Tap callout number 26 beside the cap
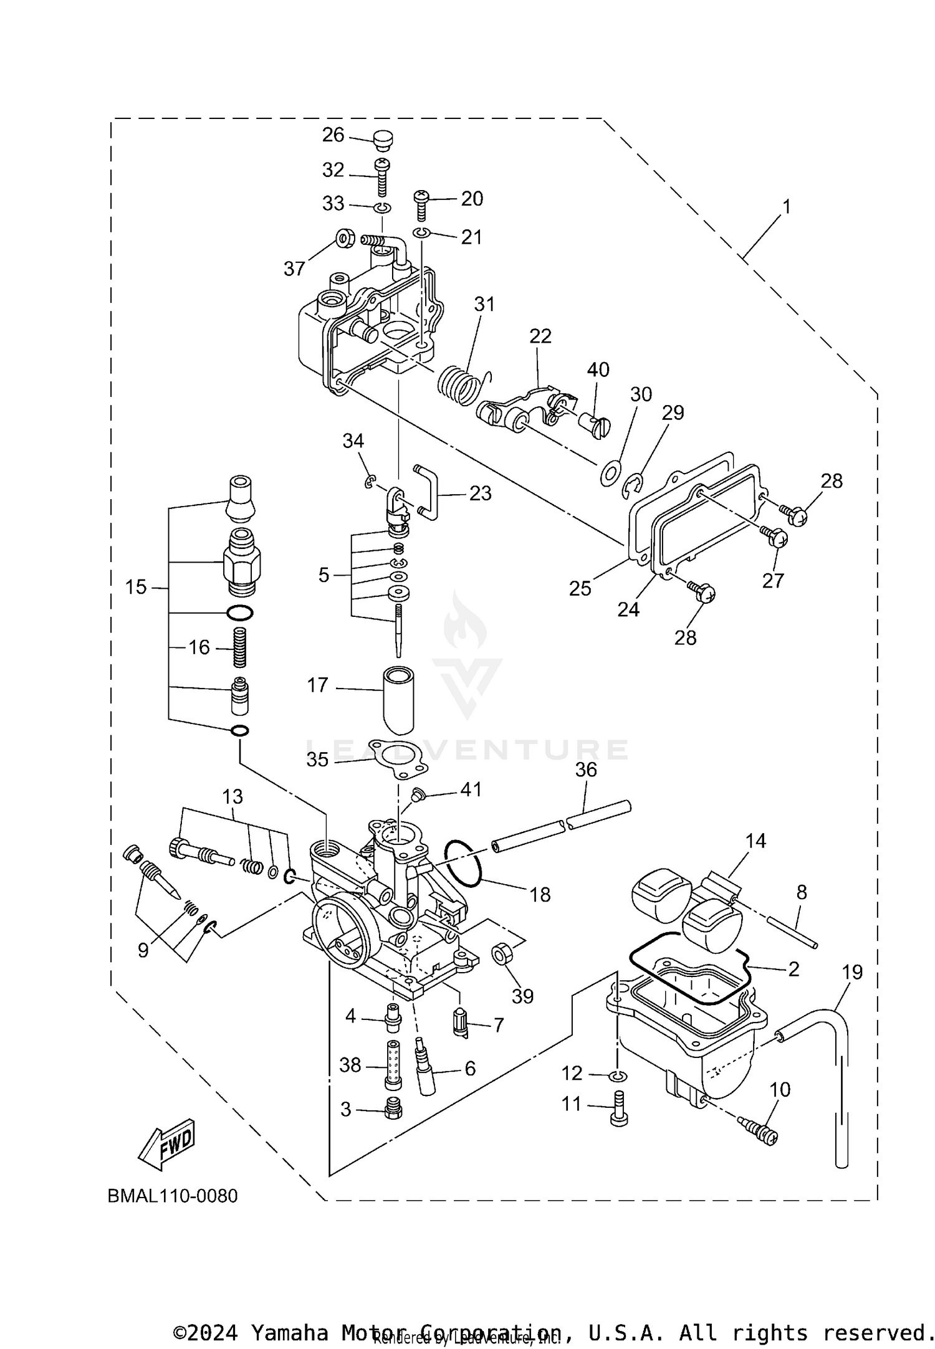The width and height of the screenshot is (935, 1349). tap(333, 135)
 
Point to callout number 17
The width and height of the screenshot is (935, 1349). tap(317, 685)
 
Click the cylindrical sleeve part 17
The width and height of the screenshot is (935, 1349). tap(399, 700)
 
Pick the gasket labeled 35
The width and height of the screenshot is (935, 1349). tap(398, 758)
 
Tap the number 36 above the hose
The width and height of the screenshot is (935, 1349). tap(586, 770)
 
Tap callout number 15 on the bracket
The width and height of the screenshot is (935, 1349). tap(136, 587)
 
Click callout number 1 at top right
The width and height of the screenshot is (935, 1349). tap(787, 206)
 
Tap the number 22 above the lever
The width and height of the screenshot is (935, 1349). tap(540, 336)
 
